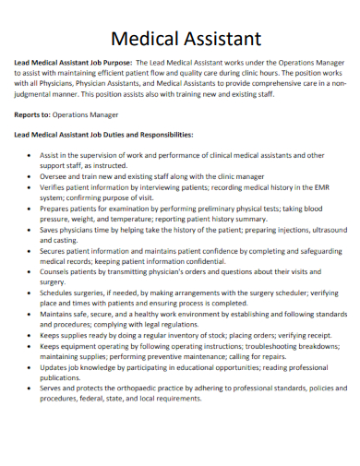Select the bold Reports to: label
pyautogui.click(x=31, y=115)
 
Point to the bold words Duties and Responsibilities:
pyautogui.click(x=146, y=134)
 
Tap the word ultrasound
pyautogui.click(x=325, y=229)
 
